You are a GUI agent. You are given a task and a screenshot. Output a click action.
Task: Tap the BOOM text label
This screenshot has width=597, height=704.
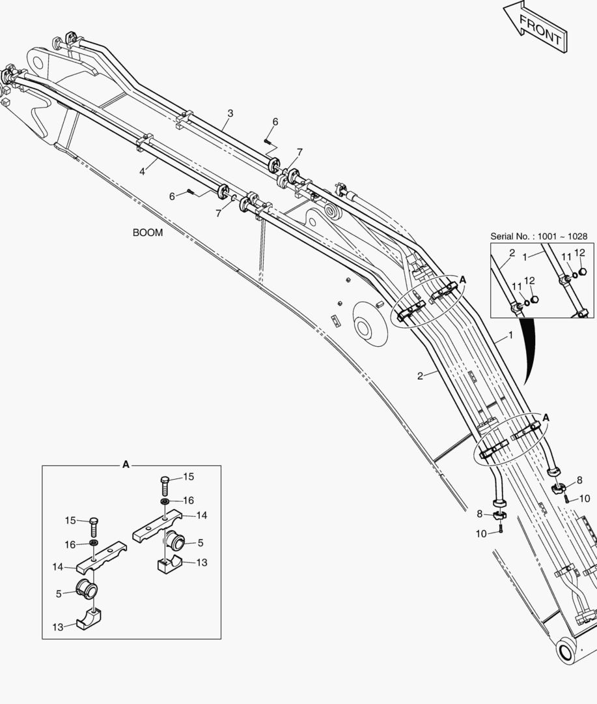point(148,233)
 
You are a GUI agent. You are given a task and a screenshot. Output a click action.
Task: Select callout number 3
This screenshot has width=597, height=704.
point(230,113)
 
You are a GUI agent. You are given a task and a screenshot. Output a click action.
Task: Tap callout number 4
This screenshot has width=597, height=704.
point(142,171)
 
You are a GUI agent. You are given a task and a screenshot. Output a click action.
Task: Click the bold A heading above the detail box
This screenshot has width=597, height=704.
point(126,464)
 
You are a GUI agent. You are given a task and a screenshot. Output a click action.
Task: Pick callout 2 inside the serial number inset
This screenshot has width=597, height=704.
point(512,252)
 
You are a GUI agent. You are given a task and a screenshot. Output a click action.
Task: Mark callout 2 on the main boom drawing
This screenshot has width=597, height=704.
point(421,375)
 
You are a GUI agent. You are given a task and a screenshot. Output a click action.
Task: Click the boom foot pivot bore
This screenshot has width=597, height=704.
point(566,651)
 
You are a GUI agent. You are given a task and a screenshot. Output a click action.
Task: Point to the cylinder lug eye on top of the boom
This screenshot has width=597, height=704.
point(332,212)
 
